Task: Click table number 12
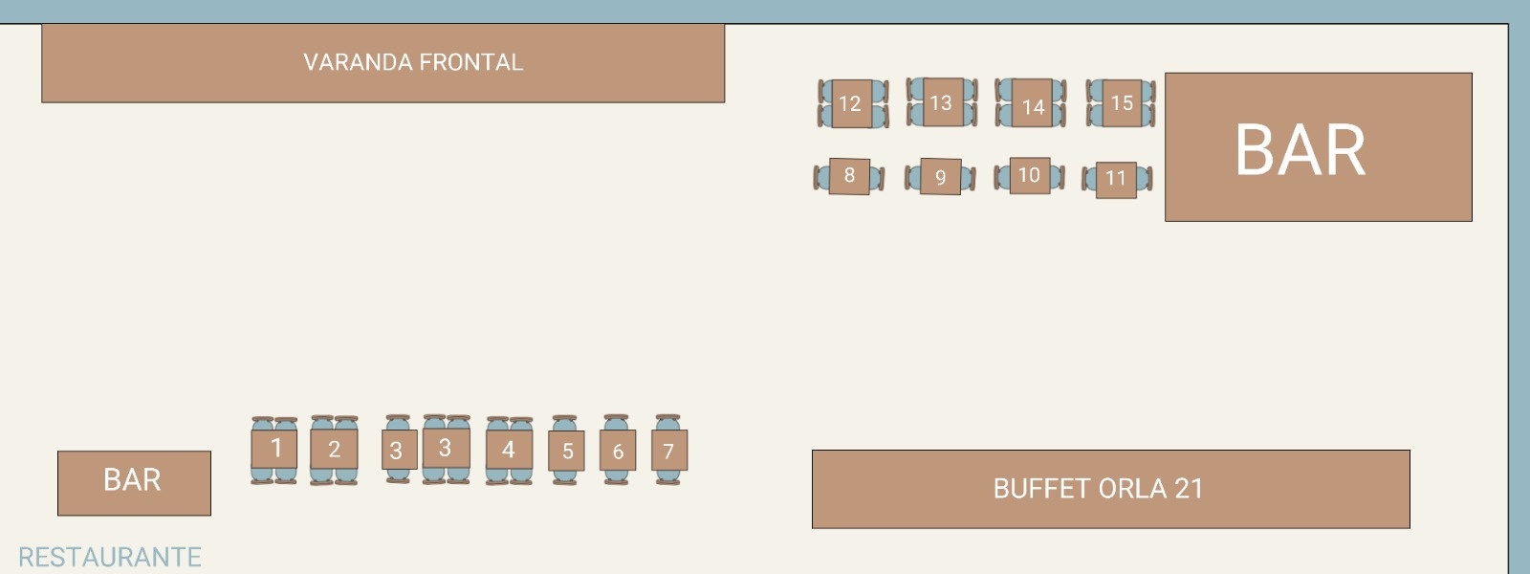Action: click(850, 103)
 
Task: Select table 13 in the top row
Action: click(941, 102)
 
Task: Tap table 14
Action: click(1032, 105)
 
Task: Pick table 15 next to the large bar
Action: click(1122, 102)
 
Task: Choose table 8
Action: click(849, 176)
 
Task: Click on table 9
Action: click(940, 177)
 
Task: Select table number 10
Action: click(1029, 176)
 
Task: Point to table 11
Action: click(1116, 179)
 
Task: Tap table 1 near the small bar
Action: click(275, 449)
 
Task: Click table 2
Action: click(334, 449)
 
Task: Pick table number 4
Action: click(509, 450)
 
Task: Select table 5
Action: click(567, 451)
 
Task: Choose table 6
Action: click(618, 451)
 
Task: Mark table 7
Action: click(668, 451)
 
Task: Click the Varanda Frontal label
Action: click(413, 63)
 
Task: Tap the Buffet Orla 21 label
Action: click(1097, 489)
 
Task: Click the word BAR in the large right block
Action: click(1300, 150)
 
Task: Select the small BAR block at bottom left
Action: click(133, 481)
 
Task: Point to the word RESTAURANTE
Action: click(110, 557)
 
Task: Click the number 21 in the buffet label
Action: click(1188, 489)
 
